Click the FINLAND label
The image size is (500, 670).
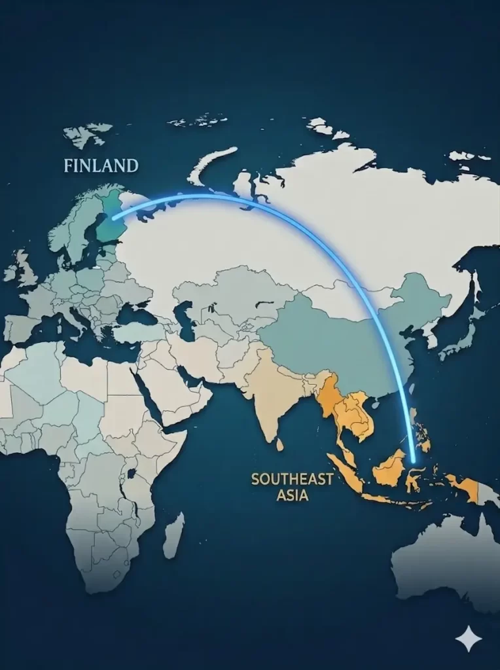coord(101,166)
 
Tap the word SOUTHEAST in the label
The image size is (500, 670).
coord(291,479)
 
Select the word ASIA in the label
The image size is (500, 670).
coord(293,495)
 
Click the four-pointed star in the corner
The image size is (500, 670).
coord(469,638)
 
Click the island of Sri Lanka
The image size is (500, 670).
coord(279,444)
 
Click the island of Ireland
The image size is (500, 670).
coord(10,272)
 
